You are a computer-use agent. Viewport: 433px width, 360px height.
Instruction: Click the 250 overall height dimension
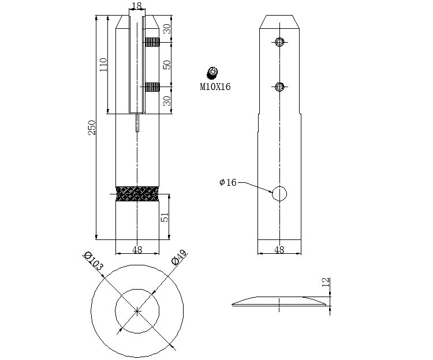pyautogui.click(x=92, y=127)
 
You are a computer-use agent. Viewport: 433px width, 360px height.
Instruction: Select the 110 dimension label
pyautogui.click(x=103, y=65)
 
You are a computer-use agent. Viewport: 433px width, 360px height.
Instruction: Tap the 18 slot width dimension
pyautogui.click(x=137, y=5)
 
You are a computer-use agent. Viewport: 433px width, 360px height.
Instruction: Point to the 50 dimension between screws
pyautogui.click(x=167, y=65)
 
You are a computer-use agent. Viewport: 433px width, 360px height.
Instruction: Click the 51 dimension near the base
pyautogui.click(x=165, y=217)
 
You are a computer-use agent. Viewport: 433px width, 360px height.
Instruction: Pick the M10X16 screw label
pyautogui.click(x=215, y=87)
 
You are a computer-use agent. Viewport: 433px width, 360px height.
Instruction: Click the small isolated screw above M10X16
pyautogui.click(x=212, y=73)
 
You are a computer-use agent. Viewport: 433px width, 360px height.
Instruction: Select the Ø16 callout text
pyautogui.click(x=228, y=182)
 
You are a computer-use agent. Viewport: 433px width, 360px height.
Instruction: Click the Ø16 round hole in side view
pyautogui.click(x=279, y=194)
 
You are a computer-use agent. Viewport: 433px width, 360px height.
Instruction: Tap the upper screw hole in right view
pyautogui.click(x=280, y=42)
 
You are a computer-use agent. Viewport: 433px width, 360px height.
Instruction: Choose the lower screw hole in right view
pyautogui.click(x=280, y=87)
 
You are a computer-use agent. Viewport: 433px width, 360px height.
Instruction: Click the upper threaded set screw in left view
pyautogui.click(x=152, y=42)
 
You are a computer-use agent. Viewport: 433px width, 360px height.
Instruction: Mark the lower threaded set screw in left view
pyautogui.click(x=152, y=87)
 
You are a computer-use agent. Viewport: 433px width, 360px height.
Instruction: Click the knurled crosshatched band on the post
pyautogui.click(x=137, y=194)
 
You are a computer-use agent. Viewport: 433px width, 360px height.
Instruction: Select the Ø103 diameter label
pyautogui.click(x=94, y=261)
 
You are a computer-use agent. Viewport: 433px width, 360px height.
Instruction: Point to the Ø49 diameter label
pyautogui.click(x=179, y=257)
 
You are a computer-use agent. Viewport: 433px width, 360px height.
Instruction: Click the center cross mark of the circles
pyautogui.click(x=137, y=311)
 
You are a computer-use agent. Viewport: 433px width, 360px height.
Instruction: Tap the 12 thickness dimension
pyautogui.click(x=326, y=282)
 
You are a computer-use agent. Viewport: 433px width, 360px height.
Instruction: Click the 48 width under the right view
pyautogui.click(x=279, y=250)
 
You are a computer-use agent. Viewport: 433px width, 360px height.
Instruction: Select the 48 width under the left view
pyautogui.click(x=137, y=250)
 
